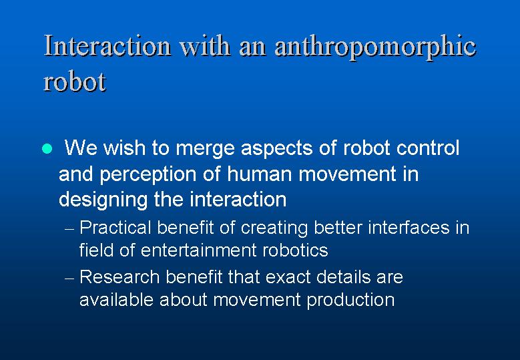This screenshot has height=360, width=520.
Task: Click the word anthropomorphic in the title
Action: pos(375,47)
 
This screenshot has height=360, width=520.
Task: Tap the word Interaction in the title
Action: pos(107,45)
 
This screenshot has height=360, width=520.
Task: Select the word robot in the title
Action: pos(75,81)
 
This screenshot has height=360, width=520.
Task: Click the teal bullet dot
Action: pos(47,148)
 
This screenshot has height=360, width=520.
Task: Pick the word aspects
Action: pos(276,148)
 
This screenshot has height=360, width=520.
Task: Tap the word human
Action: pos(260,174)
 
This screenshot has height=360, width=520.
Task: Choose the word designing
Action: pos(103,200)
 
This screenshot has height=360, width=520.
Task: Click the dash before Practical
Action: pos(69,229)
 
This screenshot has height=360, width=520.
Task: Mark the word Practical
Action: pos(115,228)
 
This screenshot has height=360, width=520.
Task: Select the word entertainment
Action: pos(199,250)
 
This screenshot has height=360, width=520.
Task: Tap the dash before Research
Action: pos(69,278)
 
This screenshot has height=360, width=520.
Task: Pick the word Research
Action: pos(119,277)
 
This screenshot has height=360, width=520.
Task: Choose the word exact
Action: pos(288,277)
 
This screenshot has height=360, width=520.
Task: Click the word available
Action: pos(116,300)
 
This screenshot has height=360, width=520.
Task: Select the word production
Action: pos(350,301)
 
